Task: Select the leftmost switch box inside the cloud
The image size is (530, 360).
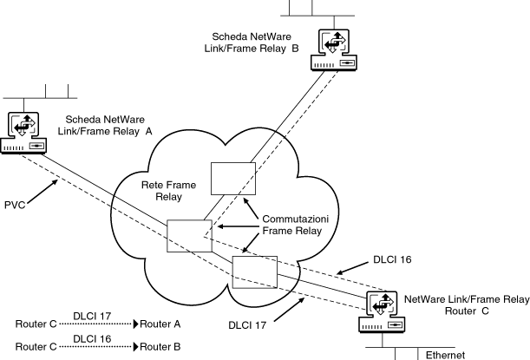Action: [189, 236]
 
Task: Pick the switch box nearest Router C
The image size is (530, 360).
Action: [254, 271]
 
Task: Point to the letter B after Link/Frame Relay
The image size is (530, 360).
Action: [295, 49]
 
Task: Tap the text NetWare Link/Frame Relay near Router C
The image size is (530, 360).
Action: [467, 298]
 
